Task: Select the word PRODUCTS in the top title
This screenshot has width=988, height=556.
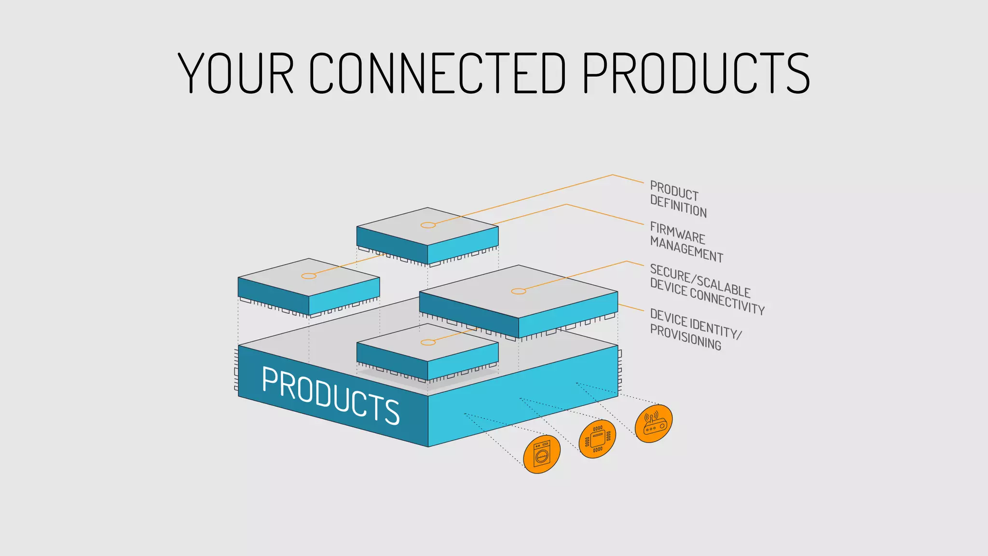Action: [x=696, y=73]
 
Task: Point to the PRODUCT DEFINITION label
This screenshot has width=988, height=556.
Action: [x=677, y=199]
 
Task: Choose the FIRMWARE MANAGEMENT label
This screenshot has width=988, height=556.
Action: [x=686, y=242]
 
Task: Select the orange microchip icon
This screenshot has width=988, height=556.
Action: [x=597, y=439]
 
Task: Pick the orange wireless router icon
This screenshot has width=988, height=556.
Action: [x=653, y=423]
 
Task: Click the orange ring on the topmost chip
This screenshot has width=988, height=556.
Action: [x=428, y=225]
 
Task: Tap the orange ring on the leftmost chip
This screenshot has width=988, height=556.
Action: [x=309, y=276]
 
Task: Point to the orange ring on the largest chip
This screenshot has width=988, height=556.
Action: [x=519, y=291]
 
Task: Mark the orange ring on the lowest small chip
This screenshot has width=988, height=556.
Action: [x=428, y=342]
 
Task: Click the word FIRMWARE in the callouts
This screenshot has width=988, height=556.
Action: [x=677, y=233]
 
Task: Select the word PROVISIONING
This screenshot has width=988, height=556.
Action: [x=685, y=337]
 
